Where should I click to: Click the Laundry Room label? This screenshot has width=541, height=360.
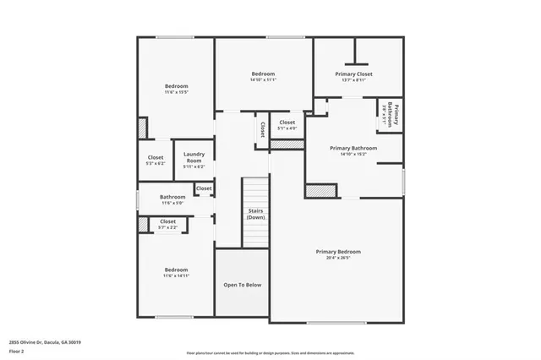(194, 157)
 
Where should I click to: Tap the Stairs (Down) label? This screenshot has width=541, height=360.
(255, 214)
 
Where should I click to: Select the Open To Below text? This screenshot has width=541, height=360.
(242, 285)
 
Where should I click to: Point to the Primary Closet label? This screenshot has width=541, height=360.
(355, 74)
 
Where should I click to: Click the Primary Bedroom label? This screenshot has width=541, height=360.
(338, 252)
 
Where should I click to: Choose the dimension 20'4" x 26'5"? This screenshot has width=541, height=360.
(338, 259)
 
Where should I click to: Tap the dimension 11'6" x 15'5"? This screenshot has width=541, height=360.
(176, 92)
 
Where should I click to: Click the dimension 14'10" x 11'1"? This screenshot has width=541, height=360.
(263, 80)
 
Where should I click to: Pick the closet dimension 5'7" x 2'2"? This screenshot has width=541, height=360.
(167, 227)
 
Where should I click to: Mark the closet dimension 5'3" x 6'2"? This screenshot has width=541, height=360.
(156, 163)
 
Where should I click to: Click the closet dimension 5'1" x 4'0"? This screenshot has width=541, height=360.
(287, 128)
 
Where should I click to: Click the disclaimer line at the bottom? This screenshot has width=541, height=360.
(270, 352)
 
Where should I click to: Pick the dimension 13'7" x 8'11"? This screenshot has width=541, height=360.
(355, 81)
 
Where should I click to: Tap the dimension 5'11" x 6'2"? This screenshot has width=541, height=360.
(194, 166)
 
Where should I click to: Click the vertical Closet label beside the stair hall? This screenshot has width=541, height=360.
(262, 129)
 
